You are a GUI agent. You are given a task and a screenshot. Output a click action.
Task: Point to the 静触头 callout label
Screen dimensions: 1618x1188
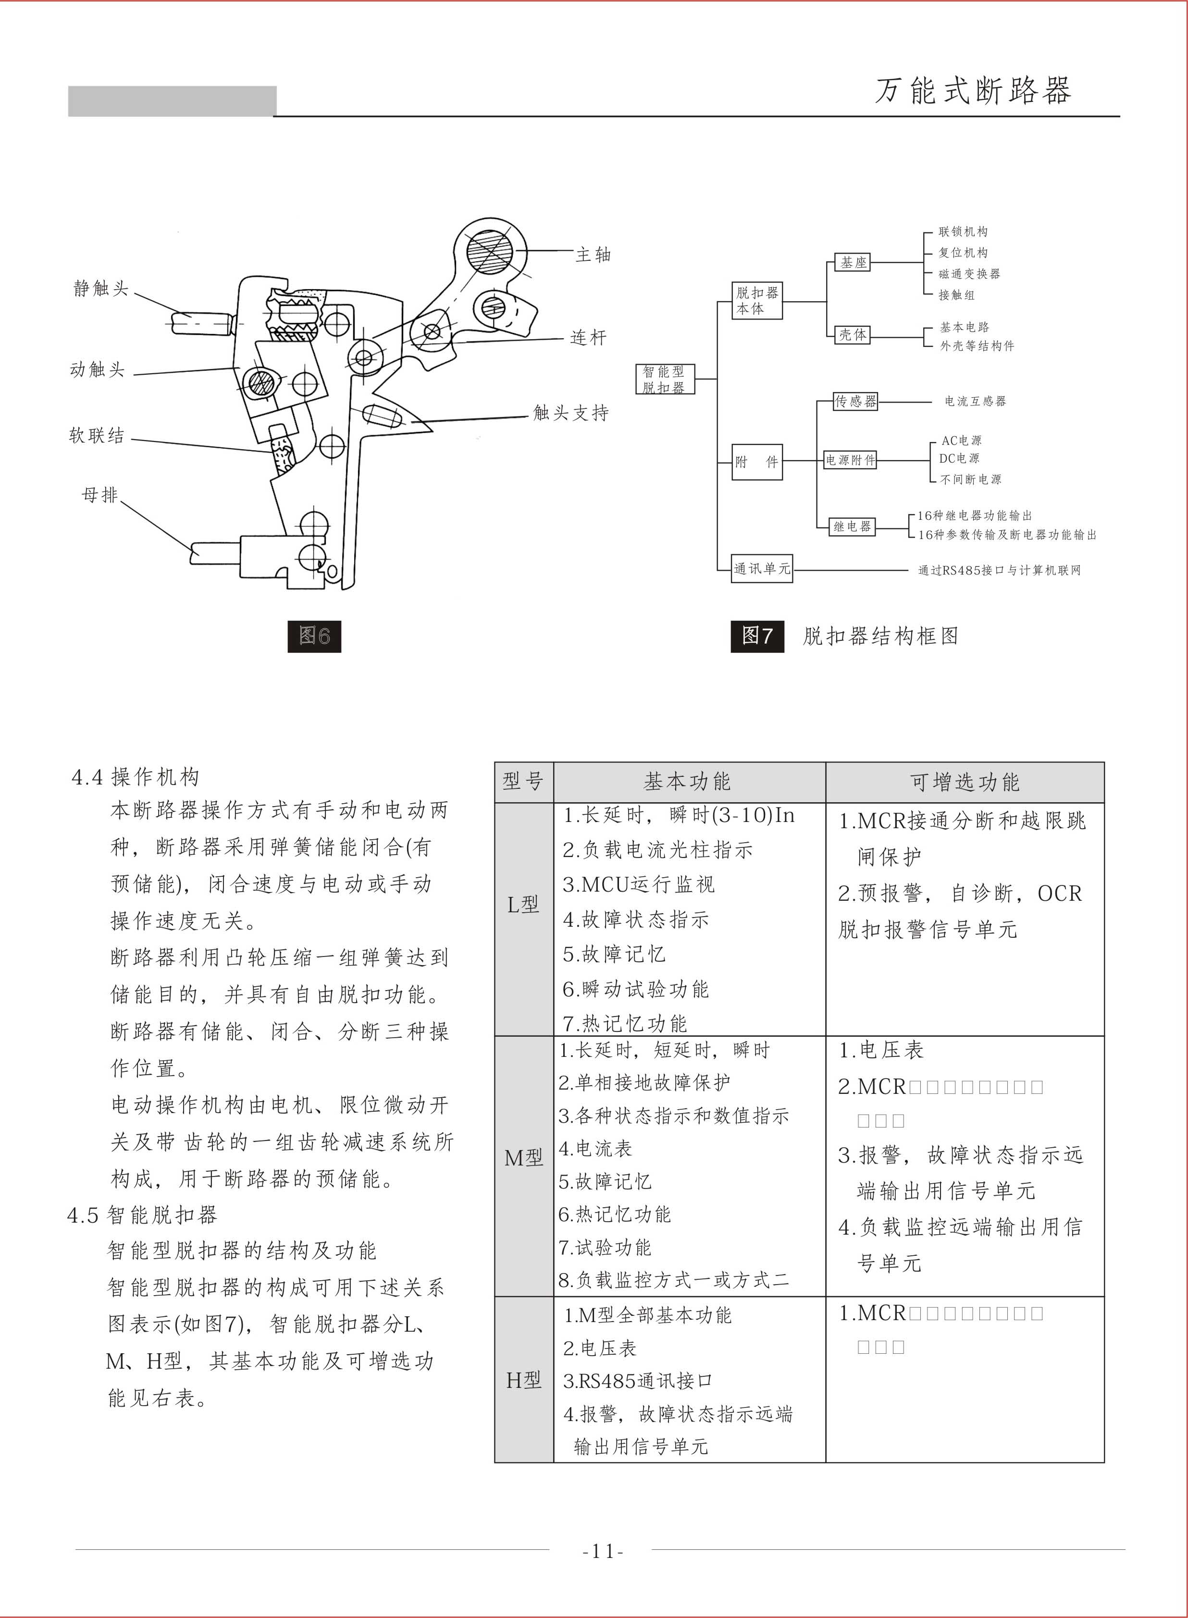(100, 289)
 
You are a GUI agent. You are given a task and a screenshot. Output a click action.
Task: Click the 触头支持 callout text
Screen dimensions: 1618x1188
(570, 413)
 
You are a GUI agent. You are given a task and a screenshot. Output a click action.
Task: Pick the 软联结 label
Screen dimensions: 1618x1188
(97, 436)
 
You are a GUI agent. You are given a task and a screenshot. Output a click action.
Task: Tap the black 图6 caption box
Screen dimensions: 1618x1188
(314, 636)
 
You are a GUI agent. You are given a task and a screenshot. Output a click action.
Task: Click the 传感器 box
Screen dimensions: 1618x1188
(855, 401)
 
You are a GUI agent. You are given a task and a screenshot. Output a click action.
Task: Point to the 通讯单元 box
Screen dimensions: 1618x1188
(762, 569)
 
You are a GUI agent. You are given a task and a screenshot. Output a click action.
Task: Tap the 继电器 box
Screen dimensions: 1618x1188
(852, 526)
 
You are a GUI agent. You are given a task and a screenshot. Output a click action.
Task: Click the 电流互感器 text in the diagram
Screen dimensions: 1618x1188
(975, 401)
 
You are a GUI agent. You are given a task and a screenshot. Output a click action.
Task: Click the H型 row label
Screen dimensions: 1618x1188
(523, 1380)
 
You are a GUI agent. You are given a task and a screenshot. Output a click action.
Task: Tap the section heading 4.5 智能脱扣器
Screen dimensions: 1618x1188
(142, 1215)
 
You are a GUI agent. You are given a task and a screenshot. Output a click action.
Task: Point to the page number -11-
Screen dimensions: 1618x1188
(603, 1552)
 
